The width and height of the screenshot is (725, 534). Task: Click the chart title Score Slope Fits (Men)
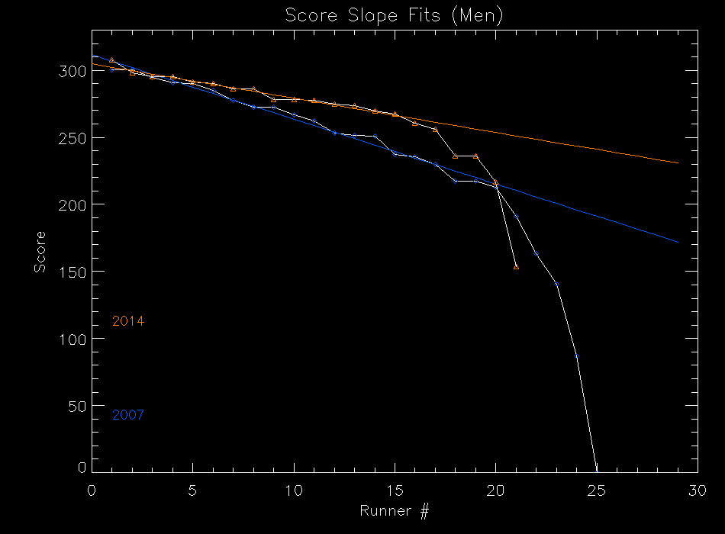394,15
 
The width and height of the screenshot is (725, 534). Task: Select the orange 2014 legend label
128,321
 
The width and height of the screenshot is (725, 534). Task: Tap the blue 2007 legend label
128,415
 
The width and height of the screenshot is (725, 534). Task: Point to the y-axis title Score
39,253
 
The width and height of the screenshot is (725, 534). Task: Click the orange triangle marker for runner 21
516,266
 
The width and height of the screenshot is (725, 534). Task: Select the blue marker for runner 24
576,355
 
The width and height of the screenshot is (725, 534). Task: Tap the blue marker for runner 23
556,284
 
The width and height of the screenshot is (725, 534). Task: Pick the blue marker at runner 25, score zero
597,471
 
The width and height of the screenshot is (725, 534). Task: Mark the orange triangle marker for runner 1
112,60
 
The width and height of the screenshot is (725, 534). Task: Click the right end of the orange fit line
678,162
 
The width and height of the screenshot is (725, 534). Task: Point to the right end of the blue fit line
678,242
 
